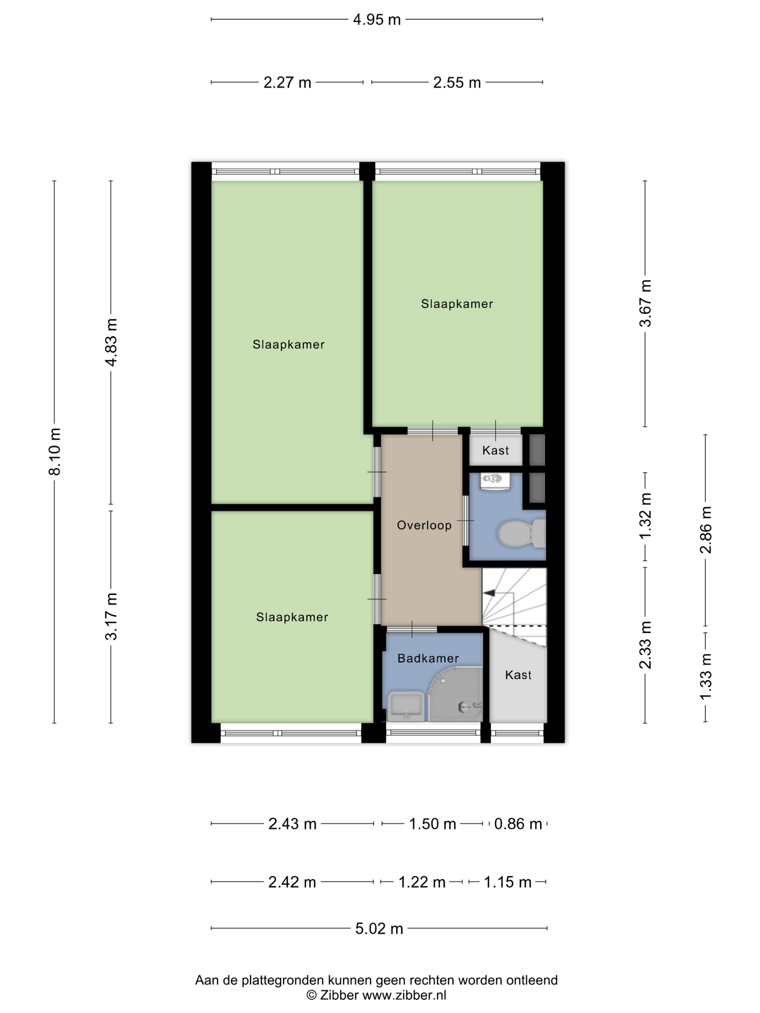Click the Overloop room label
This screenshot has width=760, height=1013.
[x=424, y=525]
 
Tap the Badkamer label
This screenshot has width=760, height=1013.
[x=428, y=658]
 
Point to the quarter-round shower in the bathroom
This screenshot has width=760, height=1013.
[x=455, y=694]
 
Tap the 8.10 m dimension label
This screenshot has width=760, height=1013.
[x=55, y=452]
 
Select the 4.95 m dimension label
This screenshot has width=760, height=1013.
[x=377, y=20]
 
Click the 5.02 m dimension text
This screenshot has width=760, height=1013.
[x=379, y=928]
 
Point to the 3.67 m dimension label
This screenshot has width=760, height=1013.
[x=646, y=303]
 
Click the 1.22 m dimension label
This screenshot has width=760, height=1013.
[x=422, y=882]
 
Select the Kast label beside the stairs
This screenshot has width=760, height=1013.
[x=518, y=675]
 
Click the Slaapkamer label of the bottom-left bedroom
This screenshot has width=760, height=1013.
[x=292, y=617]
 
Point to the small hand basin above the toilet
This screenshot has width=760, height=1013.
[x=495, y=481]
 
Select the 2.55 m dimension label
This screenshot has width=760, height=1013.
[x=457, y=83]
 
